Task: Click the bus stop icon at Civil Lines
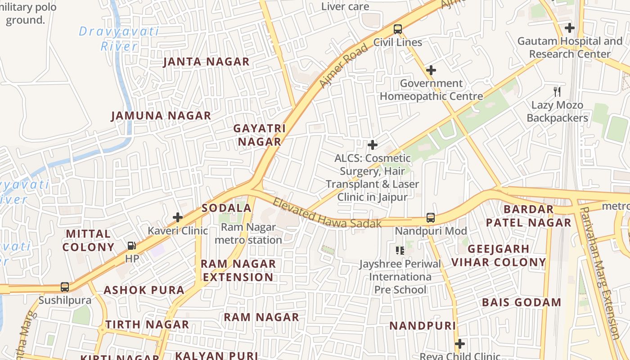[398, 29]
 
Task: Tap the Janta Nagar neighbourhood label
[206, 62]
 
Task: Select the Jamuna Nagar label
[161, 116]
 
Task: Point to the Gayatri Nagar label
[259, 135]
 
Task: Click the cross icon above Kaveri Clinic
[178, 217]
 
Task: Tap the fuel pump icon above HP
[132, 246]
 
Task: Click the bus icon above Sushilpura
[65, 287]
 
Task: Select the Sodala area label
[226, 208]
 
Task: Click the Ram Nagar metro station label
[248, 234]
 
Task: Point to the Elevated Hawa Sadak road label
[327, 213]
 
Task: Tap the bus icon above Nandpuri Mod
[431, 218]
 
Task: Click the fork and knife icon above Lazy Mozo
[558, 92]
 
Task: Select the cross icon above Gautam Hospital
[570, 28]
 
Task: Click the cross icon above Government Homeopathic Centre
[431, 70]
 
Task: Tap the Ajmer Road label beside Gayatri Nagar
[343, 66]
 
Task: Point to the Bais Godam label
[522, 302]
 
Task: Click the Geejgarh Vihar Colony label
[499, 256]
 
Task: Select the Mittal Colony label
[88, 240]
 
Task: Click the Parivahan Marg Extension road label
[600, 272]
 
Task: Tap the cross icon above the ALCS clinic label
[373, 145]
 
